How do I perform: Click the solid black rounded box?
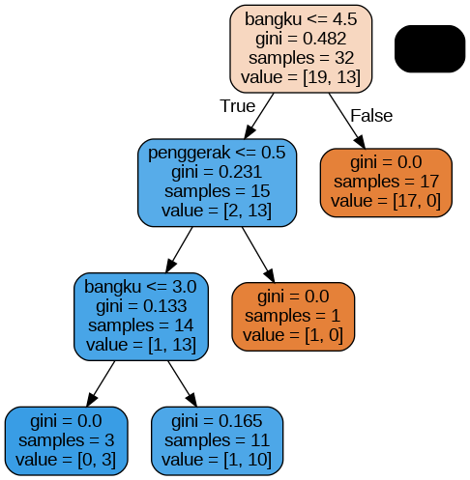(429, 48)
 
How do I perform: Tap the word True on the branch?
(238, 106)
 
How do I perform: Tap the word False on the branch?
(371, 116)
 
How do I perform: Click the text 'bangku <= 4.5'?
(301, 19)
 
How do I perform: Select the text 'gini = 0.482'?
(301, 39)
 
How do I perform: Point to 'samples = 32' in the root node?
(301, 58)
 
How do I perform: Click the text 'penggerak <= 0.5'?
(217, 153)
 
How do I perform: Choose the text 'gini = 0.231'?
(217, 172)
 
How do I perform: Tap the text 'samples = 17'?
(386, 182)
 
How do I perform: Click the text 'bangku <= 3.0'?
(140, 287)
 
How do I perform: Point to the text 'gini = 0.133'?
(141, 306)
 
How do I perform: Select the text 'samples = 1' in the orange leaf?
(292, 316)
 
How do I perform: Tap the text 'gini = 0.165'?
(217, 421)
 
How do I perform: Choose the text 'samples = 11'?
(217, 440)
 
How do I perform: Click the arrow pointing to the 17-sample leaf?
(347, 121)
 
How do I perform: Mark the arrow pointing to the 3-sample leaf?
(101, 383)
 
